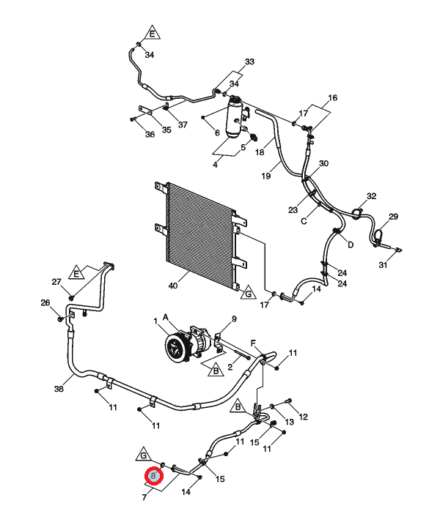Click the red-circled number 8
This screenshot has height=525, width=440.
coord(154,475)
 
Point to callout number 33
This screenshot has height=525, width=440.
coord(249,62)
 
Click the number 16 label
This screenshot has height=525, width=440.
coord(332,98)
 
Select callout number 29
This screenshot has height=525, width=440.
coord(393,217)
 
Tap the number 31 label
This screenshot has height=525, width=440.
coord(383,265)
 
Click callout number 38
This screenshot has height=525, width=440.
coord(59,389)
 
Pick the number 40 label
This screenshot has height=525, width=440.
coord(173,286)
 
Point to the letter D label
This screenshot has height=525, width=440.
coord(351,245)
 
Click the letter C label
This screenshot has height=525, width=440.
coord(304,221)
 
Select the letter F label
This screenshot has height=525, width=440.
coord(253,343)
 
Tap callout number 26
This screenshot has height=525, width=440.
coord(45,302)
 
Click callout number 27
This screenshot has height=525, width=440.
coord(56,282)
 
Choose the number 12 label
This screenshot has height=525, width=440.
coord(303,417)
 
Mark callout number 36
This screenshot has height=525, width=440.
coord(150,134)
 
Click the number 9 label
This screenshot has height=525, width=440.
coord(234,319)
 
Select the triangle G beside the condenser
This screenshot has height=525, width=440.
coord(248,293)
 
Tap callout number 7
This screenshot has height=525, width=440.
coord(144,497)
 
